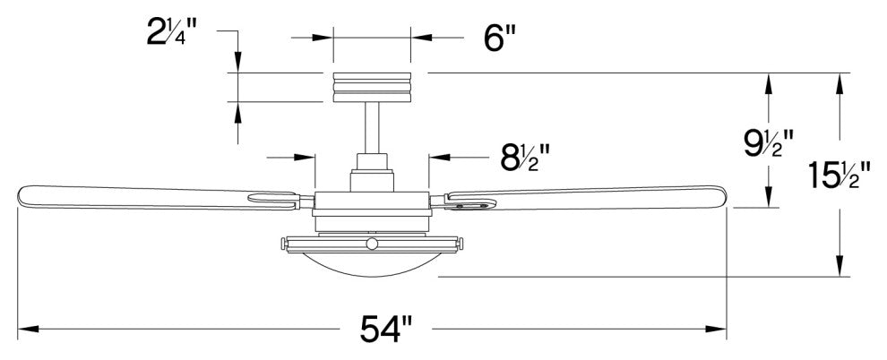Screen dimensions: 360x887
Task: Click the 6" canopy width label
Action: pyautogui.click(x=496, y=38)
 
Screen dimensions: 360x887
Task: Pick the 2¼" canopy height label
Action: pyautogui.click(x=171, y=34)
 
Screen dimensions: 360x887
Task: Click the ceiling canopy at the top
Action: pyautogui.click(x=372, y=87)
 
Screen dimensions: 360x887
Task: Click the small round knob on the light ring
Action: pyautogui.click(x=372, y=243)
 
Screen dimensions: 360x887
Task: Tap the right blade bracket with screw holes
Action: pyautogui.click(x=469, y=204)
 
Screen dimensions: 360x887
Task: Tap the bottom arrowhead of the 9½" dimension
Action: pyautogui.click(x=768, y=199)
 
